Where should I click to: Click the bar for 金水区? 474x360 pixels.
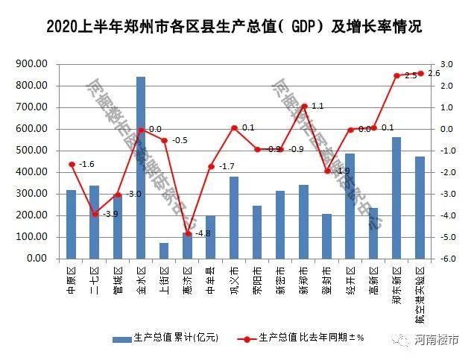(x=141, y=168)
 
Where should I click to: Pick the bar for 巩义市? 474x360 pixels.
(x=234, y=218)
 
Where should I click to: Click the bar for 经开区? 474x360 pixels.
(x=350, y=206)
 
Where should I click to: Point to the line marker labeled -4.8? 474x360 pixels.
(x=188, y=233)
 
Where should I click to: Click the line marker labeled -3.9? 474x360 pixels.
(x=95, y=214)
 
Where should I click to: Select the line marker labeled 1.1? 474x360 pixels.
(x=304, y=106)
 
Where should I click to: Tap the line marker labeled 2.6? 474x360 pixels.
(x=420, y=73)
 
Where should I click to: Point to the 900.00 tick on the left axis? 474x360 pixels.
(x=32, y=64)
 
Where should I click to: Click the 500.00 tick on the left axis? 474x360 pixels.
(x=32, y=151)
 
